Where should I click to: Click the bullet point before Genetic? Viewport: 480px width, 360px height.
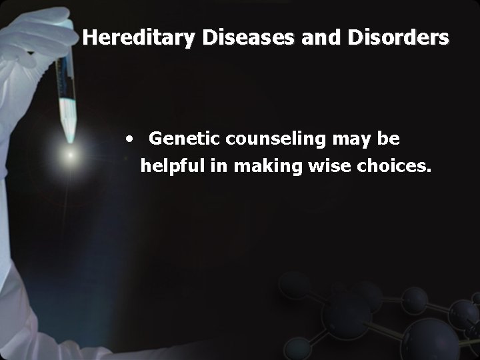pyautogui.click(x=134, y=140)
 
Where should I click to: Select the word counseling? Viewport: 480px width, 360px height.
pyautogui.click(x=265, y=139)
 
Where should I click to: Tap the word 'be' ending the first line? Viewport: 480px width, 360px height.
pyautogui.click(x=389, y=139)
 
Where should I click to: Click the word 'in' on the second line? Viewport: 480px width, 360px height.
pyautogui.click(x=217, y=165)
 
